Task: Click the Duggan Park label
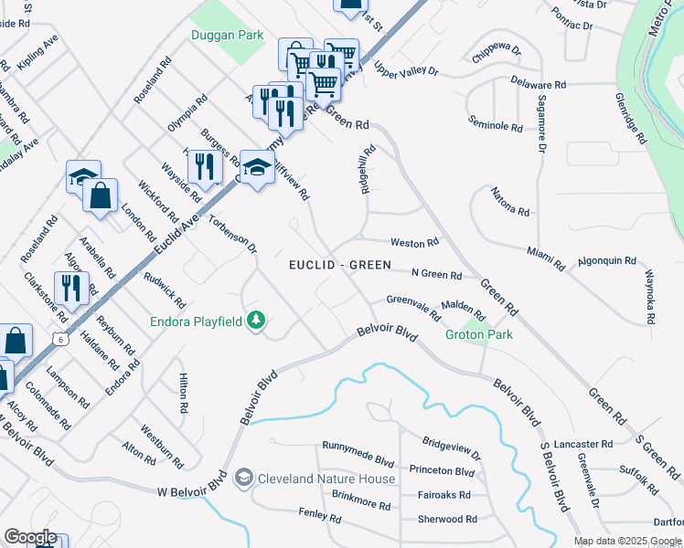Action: [227, 36]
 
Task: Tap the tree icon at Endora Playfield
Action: [258, 321]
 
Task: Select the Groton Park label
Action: [478, 334]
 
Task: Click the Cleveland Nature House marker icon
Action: [243, 478]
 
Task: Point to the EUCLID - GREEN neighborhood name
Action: [340, 265]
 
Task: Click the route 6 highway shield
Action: [59, 339]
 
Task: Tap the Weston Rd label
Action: [415, 242]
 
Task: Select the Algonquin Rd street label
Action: [605, 261]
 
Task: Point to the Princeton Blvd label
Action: [442, 471]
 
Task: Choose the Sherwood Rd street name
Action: [446, 519]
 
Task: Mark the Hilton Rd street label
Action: [184, 393]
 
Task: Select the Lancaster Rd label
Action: [582, 444]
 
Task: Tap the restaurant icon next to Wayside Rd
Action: [202, 166]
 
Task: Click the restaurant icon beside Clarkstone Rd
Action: [69, 287]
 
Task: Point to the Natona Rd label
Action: [510, 202]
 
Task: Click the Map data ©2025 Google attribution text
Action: [626, 540]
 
